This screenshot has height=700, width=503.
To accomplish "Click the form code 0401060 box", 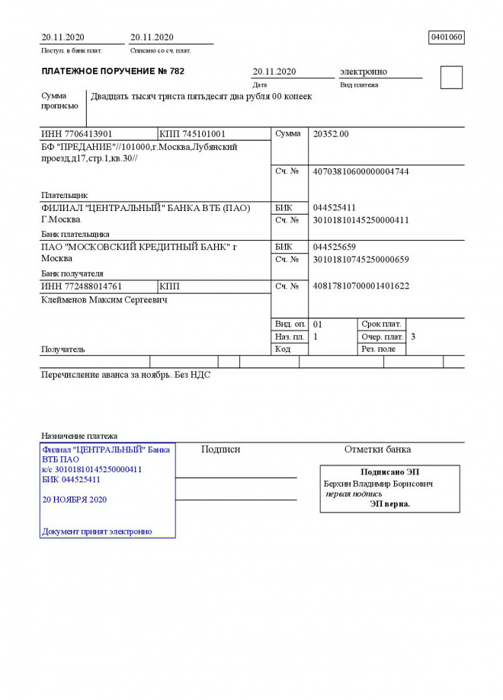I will [447, 37].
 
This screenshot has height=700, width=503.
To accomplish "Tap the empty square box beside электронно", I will [451, 78].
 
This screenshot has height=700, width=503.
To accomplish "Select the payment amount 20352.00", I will [331, 134].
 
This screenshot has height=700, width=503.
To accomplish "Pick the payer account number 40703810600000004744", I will [360, 172].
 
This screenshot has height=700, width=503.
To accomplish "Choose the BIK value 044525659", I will [335, 248].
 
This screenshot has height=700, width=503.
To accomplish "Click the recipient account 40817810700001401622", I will [360, 286].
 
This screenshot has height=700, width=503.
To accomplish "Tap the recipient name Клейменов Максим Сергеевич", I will [104, 300].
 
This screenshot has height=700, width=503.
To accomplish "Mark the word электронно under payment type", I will [363, 72].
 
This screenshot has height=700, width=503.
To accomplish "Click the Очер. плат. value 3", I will [413, 337].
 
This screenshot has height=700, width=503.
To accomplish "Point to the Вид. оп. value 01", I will [318, 324].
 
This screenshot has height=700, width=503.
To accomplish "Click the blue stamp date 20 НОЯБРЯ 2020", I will [75, 500].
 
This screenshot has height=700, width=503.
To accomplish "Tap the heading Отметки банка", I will [377, 449].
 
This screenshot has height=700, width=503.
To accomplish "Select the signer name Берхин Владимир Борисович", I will [378, 484].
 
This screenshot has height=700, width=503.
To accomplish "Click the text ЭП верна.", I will [389, 503].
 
